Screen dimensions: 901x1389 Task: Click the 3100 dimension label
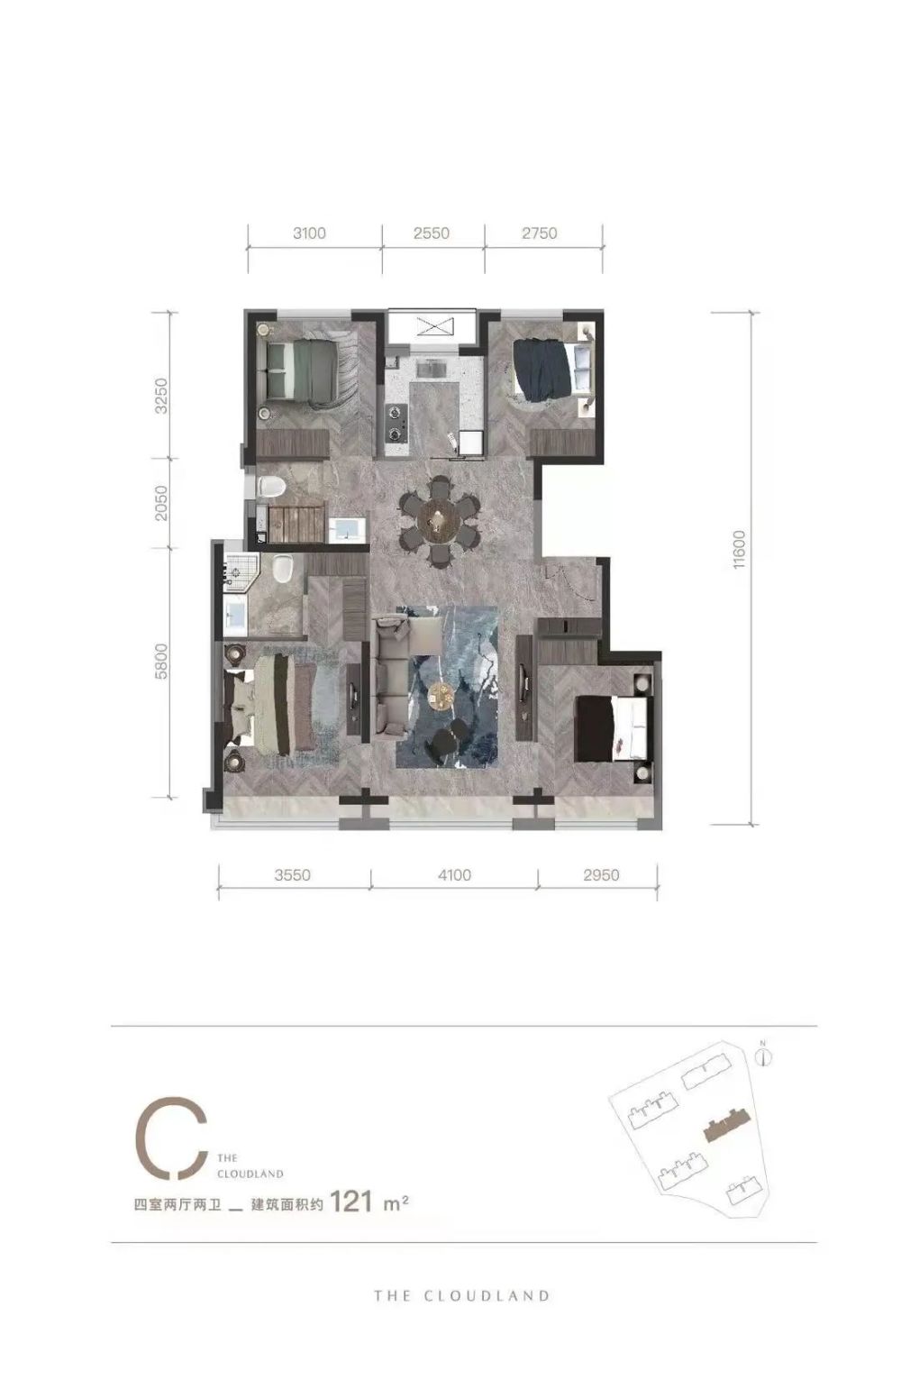(x=309, y=233)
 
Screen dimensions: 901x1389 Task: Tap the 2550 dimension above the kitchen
(x=432, y=233)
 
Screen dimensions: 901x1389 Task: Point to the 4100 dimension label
(x=454, y=875)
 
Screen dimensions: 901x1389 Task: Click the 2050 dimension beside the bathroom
(x=160, y=503)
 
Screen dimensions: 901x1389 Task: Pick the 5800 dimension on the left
(x=160, y=662)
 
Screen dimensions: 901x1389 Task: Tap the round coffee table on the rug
(x=441, y=695)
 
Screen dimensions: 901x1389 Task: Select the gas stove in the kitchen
(x=396, y=422)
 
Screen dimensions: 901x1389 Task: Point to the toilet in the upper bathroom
(x=270, y=487)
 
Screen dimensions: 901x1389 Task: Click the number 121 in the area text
(x=351, y=1202)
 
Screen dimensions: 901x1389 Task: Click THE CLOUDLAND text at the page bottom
(x=461, y=1295)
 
